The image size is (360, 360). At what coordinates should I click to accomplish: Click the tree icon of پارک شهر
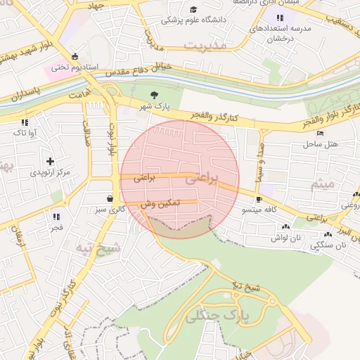155,96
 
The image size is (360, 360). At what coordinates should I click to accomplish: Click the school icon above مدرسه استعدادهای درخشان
280,18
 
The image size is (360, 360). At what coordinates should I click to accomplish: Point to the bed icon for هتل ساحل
321,133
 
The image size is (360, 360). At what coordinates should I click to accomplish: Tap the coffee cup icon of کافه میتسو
259,199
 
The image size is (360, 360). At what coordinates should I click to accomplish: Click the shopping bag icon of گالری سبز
109,198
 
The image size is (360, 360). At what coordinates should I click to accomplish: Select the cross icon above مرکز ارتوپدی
50,161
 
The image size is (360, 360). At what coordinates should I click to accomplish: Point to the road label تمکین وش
160,202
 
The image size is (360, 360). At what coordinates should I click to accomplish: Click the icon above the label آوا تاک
25,122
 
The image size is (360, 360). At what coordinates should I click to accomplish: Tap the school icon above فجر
56,217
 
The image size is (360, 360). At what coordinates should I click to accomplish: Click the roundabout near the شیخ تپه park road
273,302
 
